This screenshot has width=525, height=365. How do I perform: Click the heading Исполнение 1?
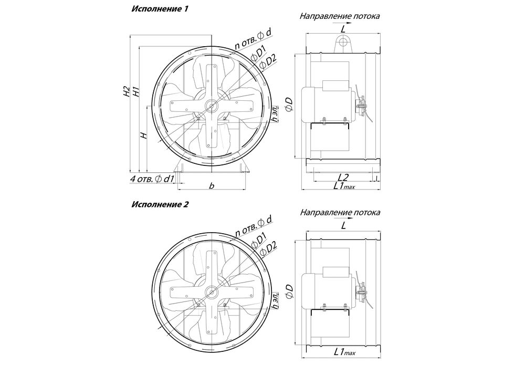pyautogui.click(x=160, y=9)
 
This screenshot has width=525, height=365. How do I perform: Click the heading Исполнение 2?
pyautogui.click(x=160, y=204)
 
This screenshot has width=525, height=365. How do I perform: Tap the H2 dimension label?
pyautogui.click(x=126, y=91)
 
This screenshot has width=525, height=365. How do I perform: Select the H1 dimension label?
pyautogui.click(x=135, y=91)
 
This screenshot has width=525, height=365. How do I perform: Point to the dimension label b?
pyautogui.click(x=211, y=185)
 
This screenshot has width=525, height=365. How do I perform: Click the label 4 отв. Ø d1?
pyautogui.click(x=152, y=179)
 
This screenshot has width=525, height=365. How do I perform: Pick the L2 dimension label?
pyautogui.click(x=343, y=177)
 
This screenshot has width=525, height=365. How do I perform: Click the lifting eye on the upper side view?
pyautogui.click(x=343, y=44)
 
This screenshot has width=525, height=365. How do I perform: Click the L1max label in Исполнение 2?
pyautogui.click(x=344, y=352)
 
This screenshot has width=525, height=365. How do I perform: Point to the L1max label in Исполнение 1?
pyautogui.click(x=344, y=186)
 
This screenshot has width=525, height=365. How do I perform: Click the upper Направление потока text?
pyautogui.click(x=340, y=16)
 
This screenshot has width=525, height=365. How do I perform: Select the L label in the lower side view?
pyautogui.click(x=343, y=226)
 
